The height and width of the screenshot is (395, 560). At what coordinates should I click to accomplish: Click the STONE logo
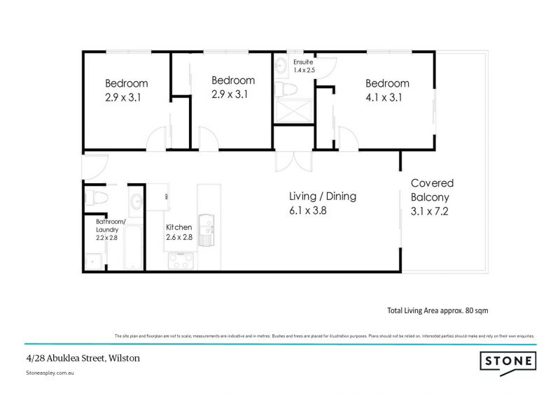click(508, 361)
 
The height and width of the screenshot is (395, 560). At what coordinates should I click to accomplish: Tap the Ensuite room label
click(302, 62)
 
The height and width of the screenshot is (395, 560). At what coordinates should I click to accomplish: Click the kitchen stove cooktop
click(181, 260)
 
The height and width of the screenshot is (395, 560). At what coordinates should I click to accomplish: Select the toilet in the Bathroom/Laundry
click(95, 198)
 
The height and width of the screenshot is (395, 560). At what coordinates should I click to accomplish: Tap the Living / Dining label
click(323, 196)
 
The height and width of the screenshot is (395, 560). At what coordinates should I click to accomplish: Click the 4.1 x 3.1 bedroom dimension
click(384, 97)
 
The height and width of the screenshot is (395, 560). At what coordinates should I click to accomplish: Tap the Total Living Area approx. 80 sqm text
click(442, 310)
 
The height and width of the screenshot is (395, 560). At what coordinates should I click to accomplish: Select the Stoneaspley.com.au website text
click(50, 373)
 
